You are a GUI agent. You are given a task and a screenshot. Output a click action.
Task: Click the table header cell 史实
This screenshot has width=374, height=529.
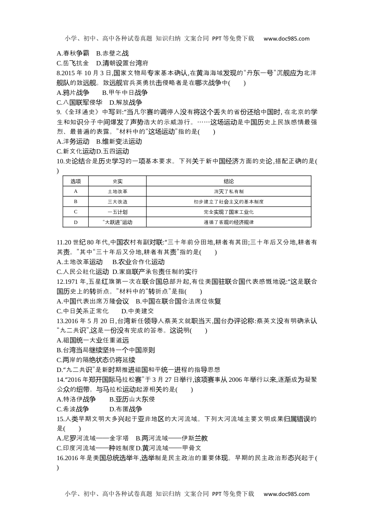click(x=117, y=181)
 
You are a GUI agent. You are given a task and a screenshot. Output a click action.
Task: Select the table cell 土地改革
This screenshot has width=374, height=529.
click(x=117, y=191)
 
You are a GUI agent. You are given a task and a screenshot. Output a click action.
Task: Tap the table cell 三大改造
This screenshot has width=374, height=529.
click(x=117, y=202)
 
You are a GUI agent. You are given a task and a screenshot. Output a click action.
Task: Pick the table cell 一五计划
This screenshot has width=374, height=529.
click(x=117, y=212)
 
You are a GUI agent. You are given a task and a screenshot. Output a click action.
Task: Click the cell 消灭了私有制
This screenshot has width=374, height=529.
click(x=228, y=191)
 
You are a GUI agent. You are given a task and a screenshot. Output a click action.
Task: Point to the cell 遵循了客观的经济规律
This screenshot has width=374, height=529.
click(x=228, y=222)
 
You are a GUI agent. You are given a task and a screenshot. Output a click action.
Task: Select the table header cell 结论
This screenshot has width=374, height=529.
click(x=228, y=181)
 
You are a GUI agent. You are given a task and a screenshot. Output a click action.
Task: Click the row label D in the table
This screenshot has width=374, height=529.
click(x=76, y=222)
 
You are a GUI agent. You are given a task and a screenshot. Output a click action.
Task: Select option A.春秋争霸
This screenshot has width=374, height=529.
click(x=73, y=53)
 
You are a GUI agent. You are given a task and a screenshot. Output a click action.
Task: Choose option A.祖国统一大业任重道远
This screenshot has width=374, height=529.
click(x=93, y=340)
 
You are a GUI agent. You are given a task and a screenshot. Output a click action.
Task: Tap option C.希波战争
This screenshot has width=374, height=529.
click(x=73, y=409)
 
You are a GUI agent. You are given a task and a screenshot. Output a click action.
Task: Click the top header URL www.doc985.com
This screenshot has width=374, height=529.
click(x=286, y=39)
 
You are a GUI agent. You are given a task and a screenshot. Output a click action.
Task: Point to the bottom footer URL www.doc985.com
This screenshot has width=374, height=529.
click(x=286, y=494)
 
